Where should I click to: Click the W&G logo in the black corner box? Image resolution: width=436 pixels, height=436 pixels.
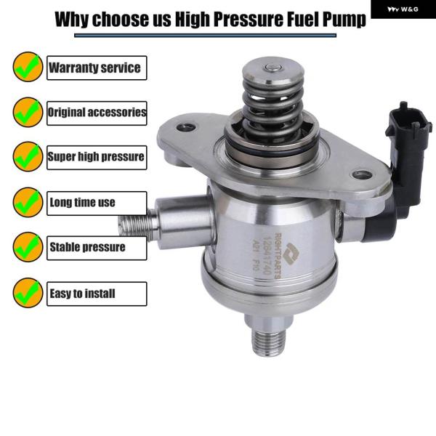403,9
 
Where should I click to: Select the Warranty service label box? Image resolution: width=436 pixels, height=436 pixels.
97,68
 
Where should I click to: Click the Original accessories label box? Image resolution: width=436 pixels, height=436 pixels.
97,113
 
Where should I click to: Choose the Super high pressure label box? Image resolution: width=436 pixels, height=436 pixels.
97,158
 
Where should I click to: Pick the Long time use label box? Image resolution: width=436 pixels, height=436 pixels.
97,203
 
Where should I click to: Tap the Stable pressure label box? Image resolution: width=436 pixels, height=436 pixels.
97,248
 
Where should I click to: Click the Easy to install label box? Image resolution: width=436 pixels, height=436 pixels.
97,294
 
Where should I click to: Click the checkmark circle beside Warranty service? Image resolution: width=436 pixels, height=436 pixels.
28,67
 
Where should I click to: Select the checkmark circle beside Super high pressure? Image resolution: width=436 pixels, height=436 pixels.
28,156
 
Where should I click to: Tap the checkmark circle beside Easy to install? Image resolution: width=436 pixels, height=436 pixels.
28,293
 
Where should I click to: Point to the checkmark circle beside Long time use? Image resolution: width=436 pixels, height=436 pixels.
28,202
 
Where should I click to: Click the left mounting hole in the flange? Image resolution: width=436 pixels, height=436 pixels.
186,127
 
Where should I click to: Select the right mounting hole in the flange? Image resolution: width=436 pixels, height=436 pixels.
362,175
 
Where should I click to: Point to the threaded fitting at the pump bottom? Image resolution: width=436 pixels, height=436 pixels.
269,344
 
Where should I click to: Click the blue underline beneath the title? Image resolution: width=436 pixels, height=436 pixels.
205,36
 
